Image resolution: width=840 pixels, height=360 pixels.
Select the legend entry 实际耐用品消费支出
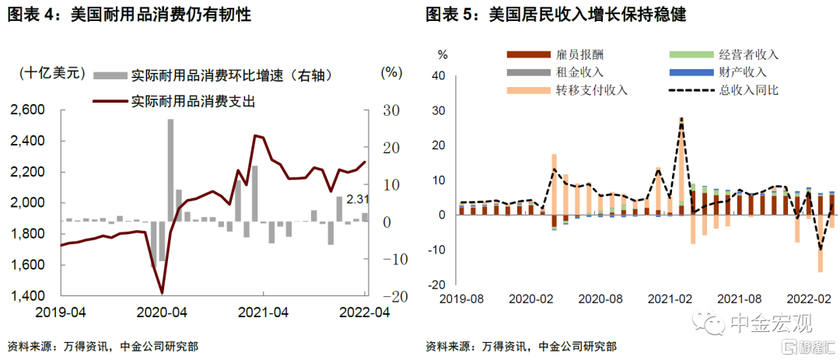[x=193, y=101]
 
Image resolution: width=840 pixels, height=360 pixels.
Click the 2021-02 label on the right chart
[x=670, y=299]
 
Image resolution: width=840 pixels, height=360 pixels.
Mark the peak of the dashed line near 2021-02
[x=681, y=119]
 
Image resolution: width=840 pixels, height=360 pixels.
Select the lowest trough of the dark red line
[x=162, y=293]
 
